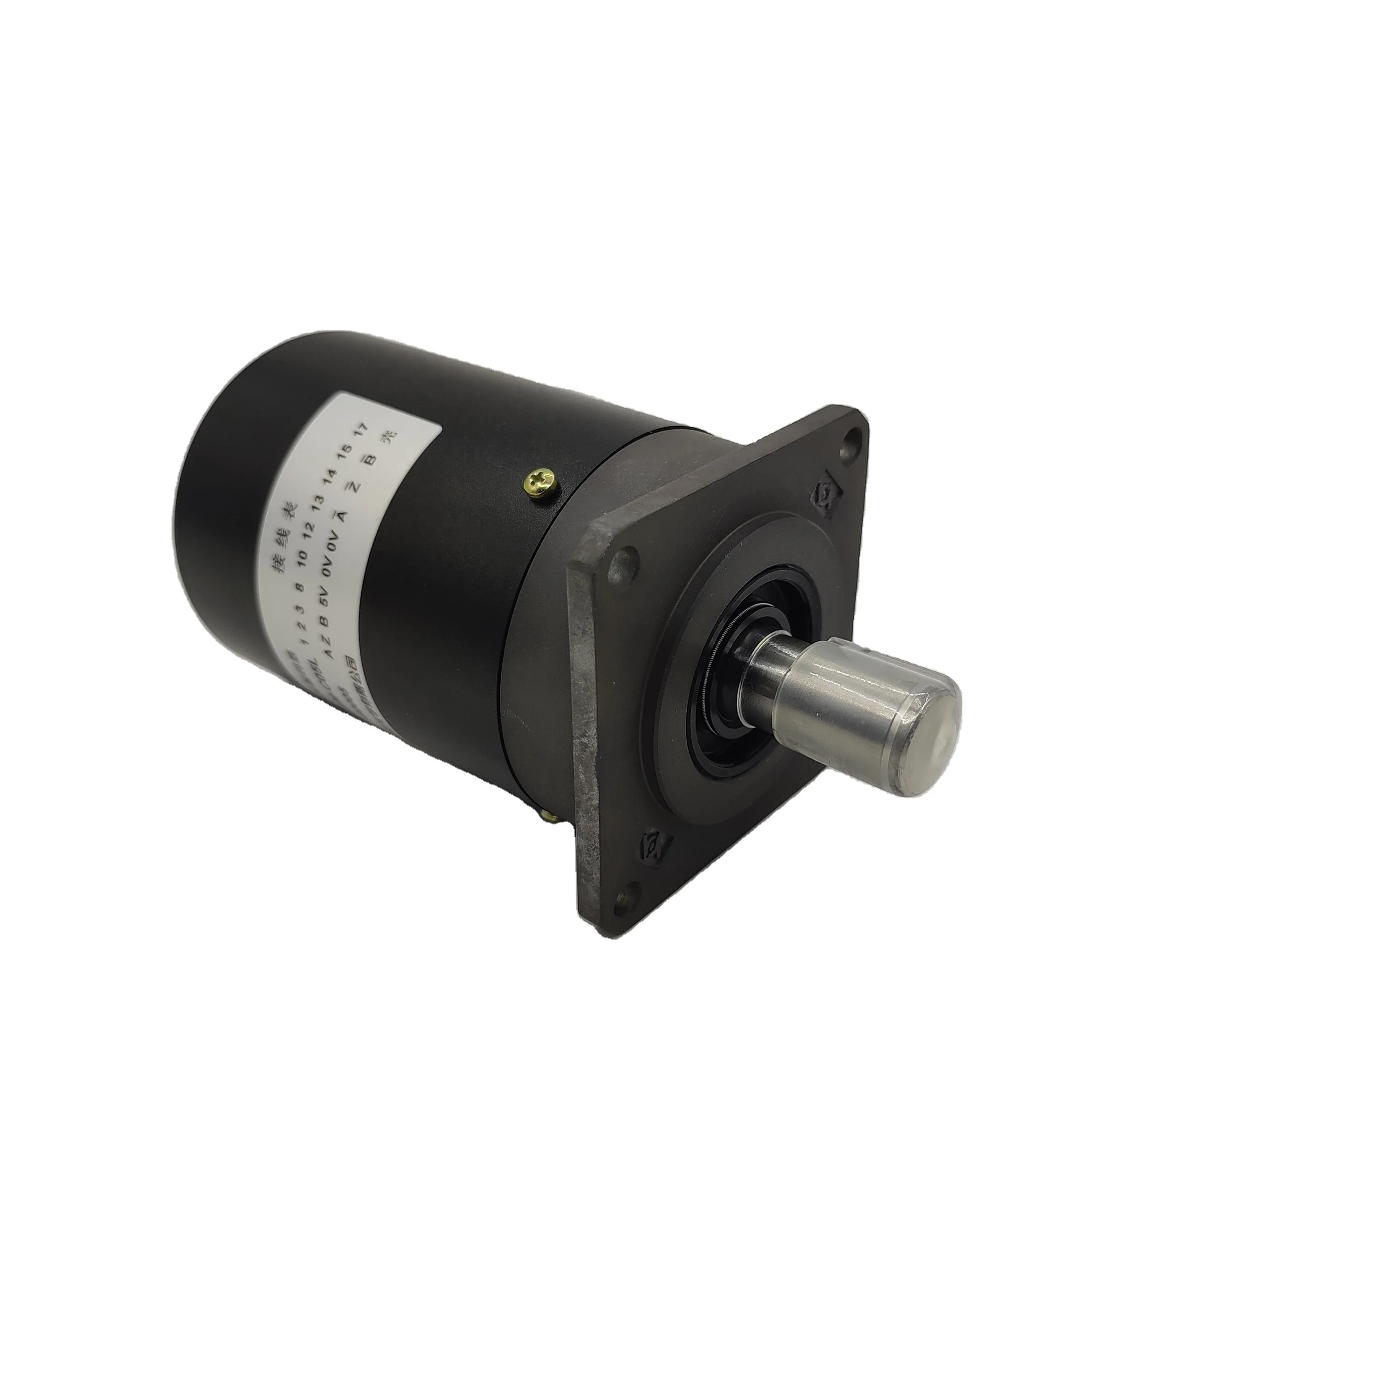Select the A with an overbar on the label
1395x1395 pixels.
(x=338, y=514)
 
